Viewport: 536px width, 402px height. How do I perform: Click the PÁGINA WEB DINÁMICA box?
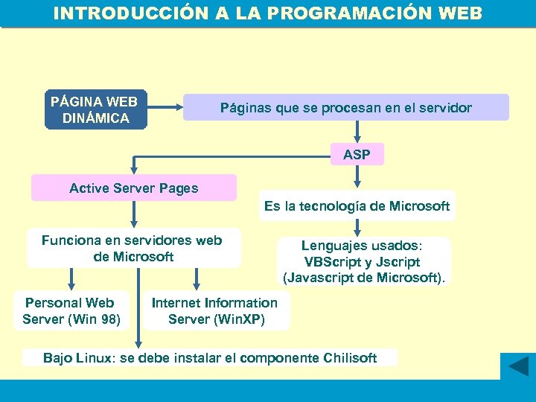coord(96,110)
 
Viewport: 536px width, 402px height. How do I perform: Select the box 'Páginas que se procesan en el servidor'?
coord(345,108)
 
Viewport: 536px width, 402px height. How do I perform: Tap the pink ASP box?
coord(357,155)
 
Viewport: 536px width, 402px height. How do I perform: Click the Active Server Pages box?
coord(134,188)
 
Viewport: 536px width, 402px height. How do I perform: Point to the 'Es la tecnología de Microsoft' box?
coord(357,206)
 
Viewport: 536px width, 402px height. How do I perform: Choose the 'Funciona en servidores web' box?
coord(133,248)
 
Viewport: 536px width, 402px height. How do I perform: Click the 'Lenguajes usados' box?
coord(363,262)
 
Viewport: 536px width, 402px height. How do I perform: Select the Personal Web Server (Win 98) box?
coord(71,311)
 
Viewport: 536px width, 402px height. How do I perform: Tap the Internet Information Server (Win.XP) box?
coord(215,311)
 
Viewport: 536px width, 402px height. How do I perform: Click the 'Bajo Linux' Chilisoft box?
coord(210,358)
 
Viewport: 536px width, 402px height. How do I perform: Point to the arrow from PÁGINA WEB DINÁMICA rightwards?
coord(165,108)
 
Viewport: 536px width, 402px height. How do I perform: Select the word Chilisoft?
coord(351,358)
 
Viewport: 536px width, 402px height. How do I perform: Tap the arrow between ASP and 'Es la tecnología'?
coord(358,178)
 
